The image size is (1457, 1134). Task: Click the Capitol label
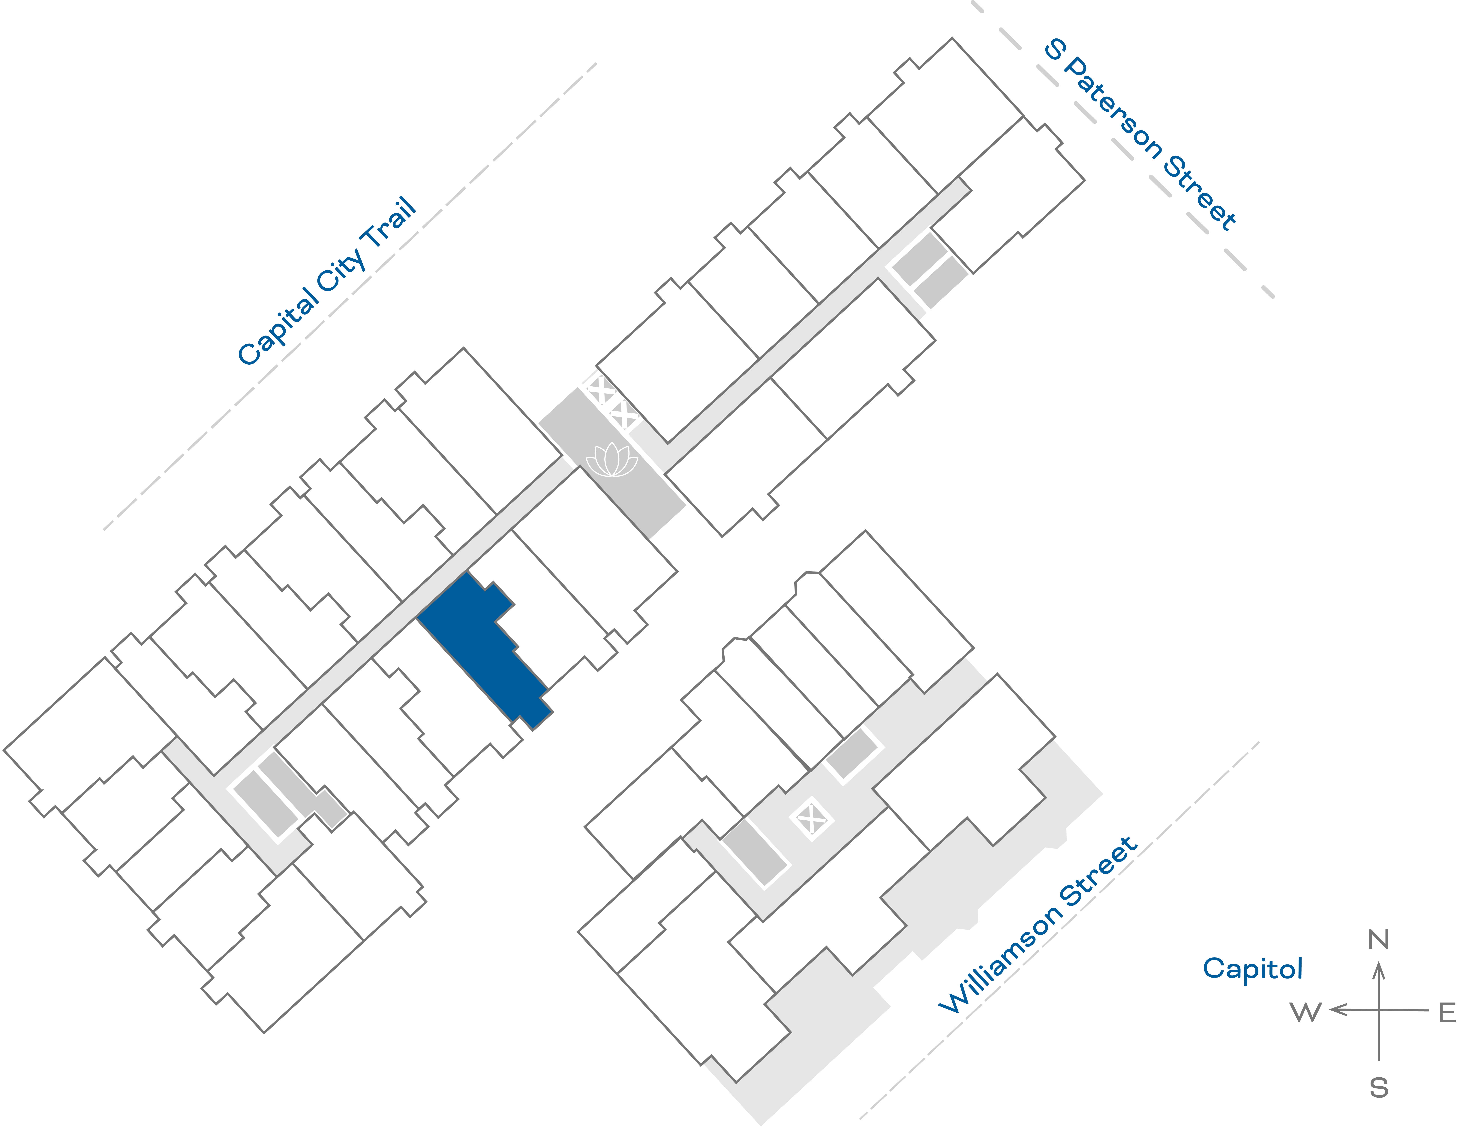tap(1252, 968)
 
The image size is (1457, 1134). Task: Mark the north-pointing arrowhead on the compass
tap(1379, 968)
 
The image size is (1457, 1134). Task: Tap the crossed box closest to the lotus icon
tap(624, 415)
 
